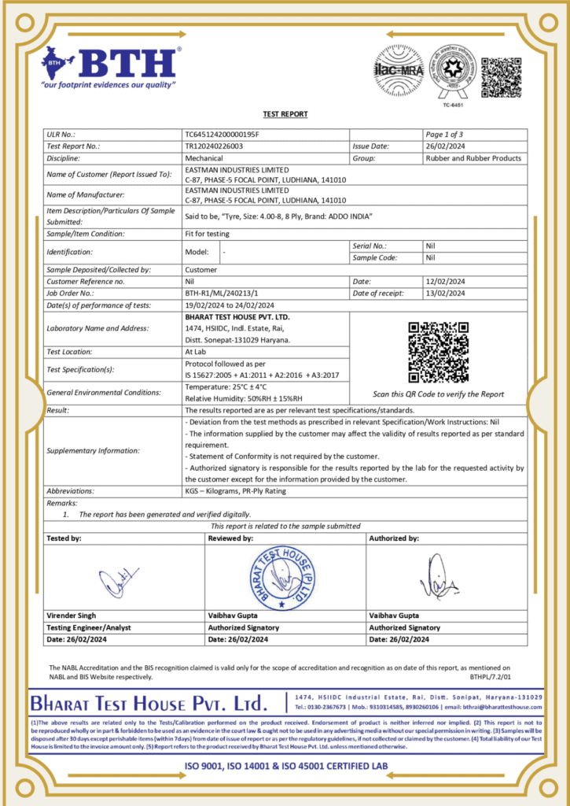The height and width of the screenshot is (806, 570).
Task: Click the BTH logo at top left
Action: [x=110, y=67]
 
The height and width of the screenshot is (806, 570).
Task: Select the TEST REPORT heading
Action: [x=285, y=114]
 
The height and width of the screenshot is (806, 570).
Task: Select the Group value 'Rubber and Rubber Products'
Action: [x=473, y=158]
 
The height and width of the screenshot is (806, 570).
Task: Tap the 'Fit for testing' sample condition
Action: [x=207, y=234]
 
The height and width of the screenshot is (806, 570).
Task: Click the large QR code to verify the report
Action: [x=438, y=352]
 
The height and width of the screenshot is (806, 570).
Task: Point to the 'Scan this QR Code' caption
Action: [x=438, y=394]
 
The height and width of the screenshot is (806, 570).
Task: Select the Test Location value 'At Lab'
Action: [x=196, y=352]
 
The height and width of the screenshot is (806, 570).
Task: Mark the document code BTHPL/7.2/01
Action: [x=490, y=676]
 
